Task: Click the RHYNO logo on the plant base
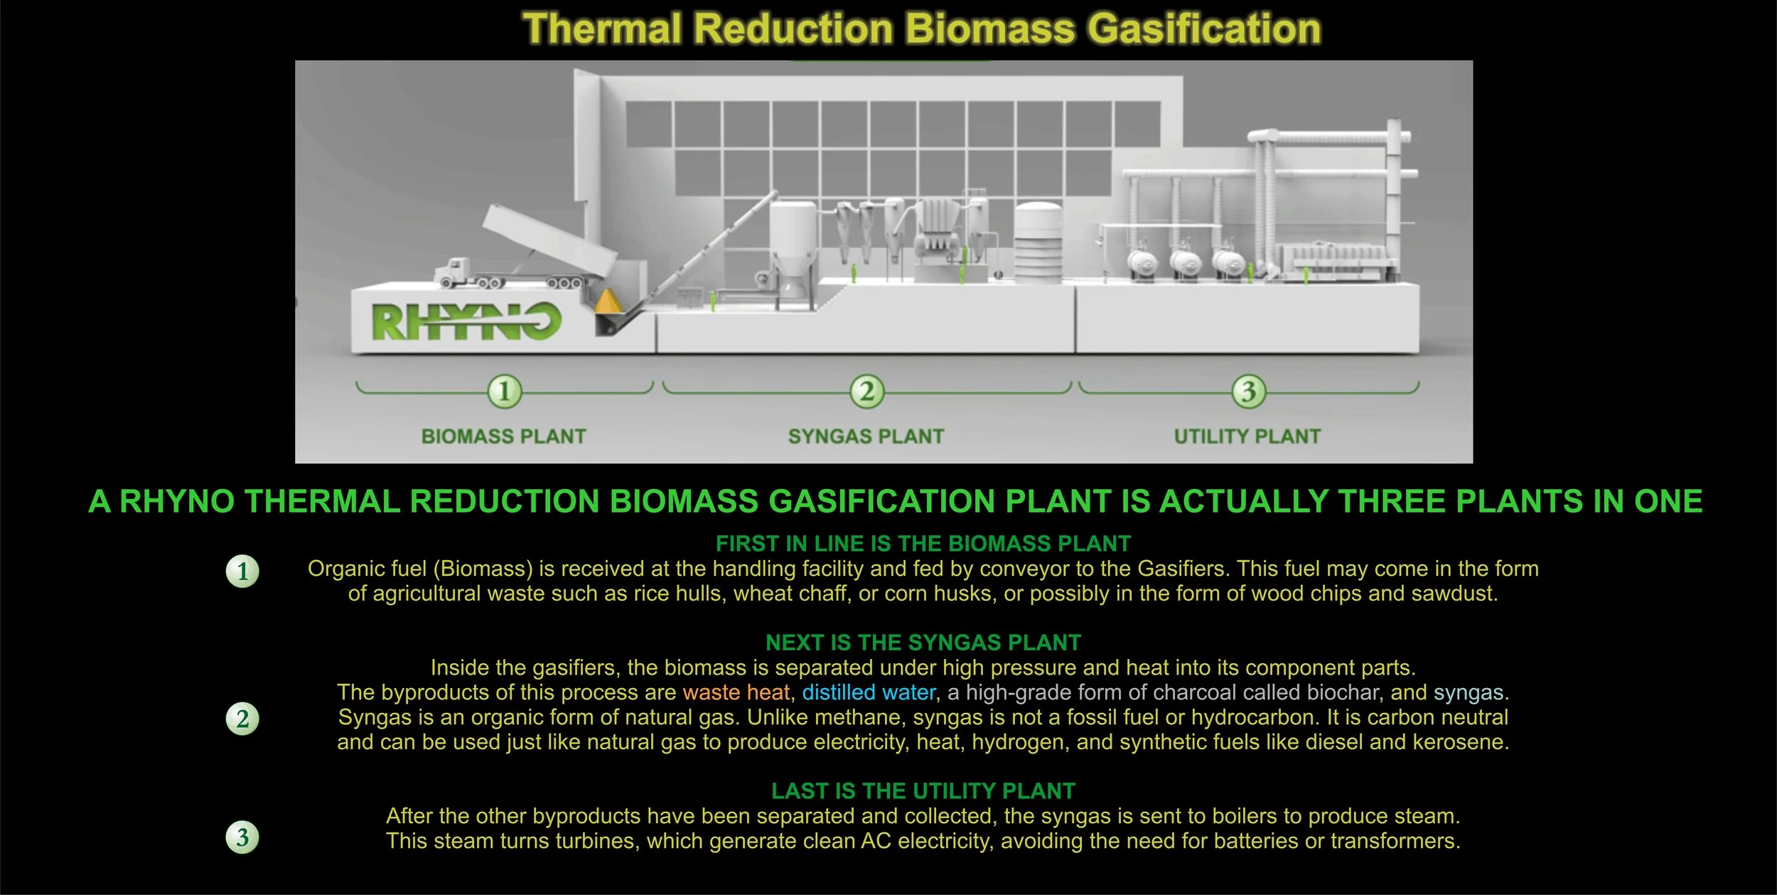click(466, 321)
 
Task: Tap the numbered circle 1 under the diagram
click(504, 391)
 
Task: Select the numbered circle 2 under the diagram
click(866, 391)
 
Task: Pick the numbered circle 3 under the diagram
click(1248, 391)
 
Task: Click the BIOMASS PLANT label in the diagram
click(503, 436)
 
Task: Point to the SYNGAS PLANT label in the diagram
click(866, 436)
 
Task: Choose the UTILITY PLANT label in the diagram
click(1247, 436)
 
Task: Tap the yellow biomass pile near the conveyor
click(607, 301)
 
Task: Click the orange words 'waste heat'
click(736, 692)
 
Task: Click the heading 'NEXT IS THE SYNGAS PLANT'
click(923, 643)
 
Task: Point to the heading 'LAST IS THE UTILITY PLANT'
click(923, 791)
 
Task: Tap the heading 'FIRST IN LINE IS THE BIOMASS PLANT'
click(923, 544)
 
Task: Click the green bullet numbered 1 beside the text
click(242, 571)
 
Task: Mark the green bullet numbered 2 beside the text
click(242, 719)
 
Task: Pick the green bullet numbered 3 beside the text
click(242, 837)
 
